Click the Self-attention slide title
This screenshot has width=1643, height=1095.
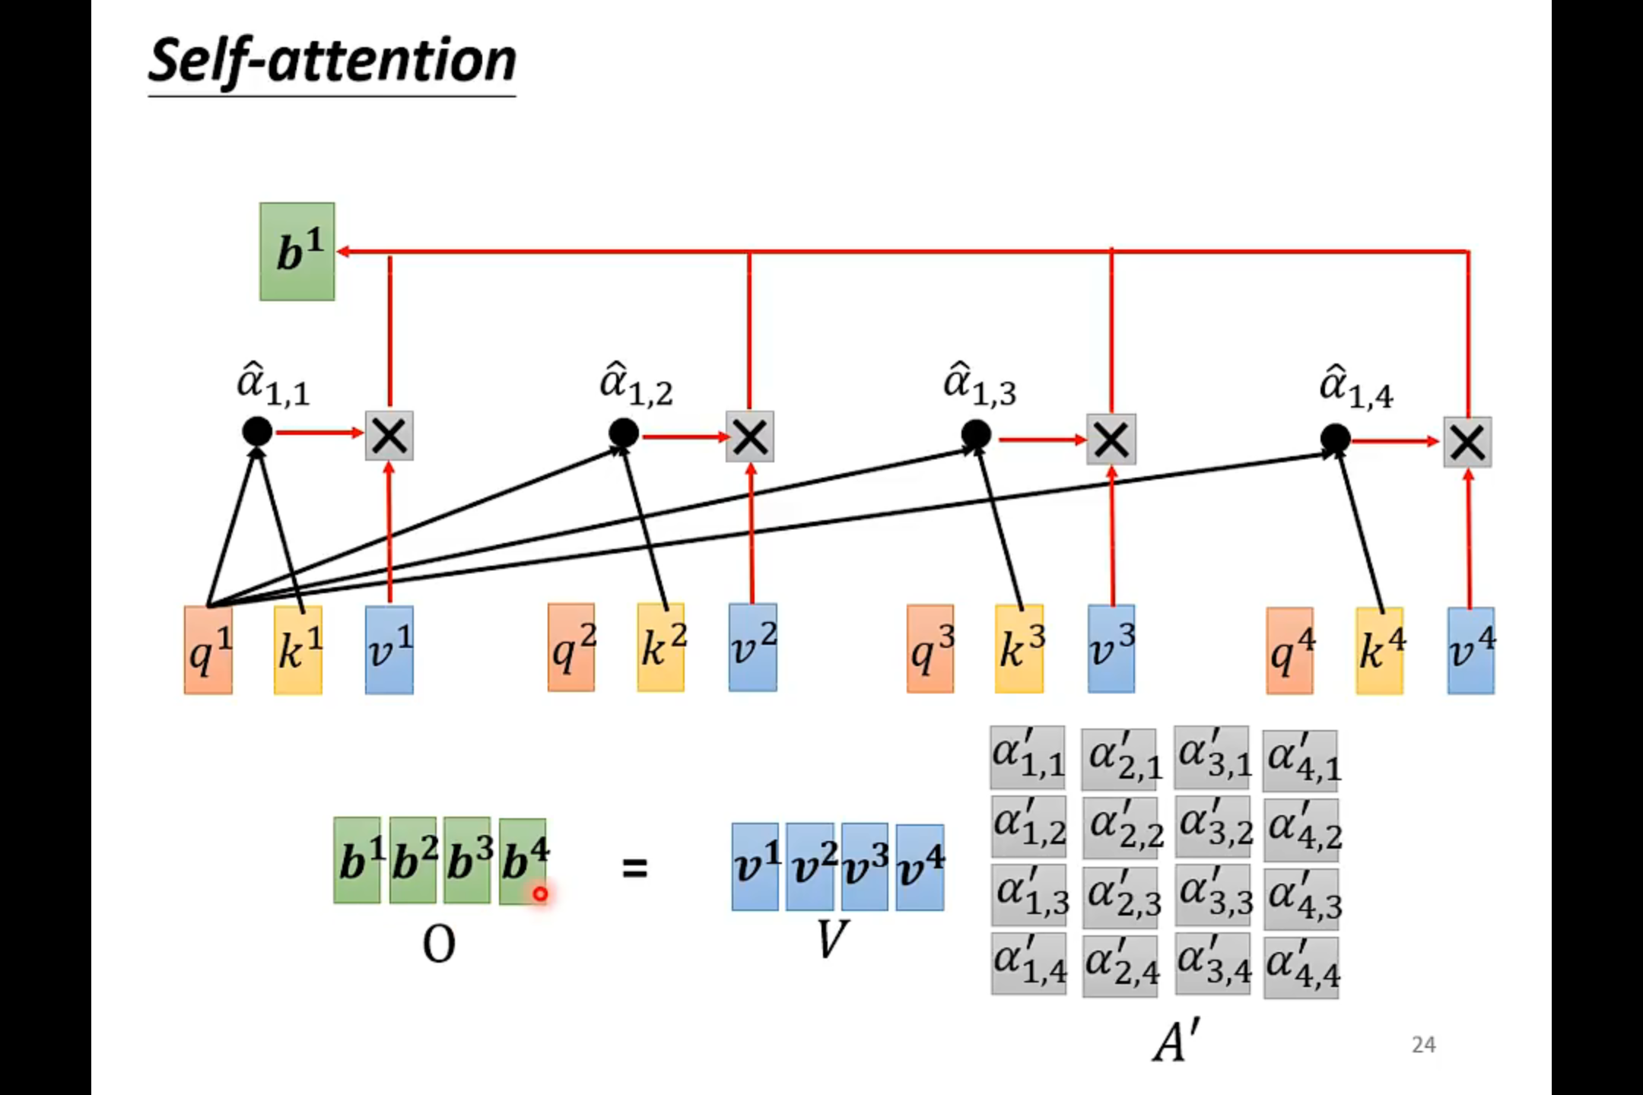tap(332, 61)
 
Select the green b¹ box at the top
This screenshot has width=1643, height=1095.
tap(297, 251)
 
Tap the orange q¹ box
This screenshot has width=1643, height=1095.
tap(208, 650)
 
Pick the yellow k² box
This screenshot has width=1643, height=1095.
tap(660, 648)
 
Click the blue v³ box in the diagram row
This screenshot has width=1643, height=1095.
tap(1111, 649)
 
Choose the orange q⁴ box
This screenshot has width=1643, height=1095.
tap(1289, 651)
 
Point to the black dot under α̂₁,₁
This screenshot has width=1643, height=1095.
tap(257, 432)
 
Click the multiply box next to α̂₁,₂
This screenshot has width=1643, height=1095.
tap(750, 437)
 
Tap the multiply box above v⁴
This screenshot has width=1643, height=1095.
tap(1467, 442)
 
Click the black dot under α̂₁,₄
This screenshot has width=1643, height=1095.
tap(1335, 439)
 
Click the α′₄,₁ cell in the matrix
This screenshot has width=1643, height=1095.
tap(1301, 760)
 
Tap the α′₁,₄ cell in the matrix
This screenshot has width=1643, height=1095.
tap(1029, 964)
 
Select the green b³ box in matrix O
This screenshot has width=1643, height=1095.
tap(467, 861)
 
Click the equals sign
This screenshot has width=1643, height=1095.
tap(634, 868)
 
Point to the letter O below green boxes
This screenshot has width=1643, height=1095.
tap(439, 945)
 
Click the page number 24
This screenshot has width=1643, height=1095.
tap(1423, 1045)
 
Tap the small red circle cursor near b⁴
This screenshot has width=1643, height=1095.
tap(540, 894)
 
